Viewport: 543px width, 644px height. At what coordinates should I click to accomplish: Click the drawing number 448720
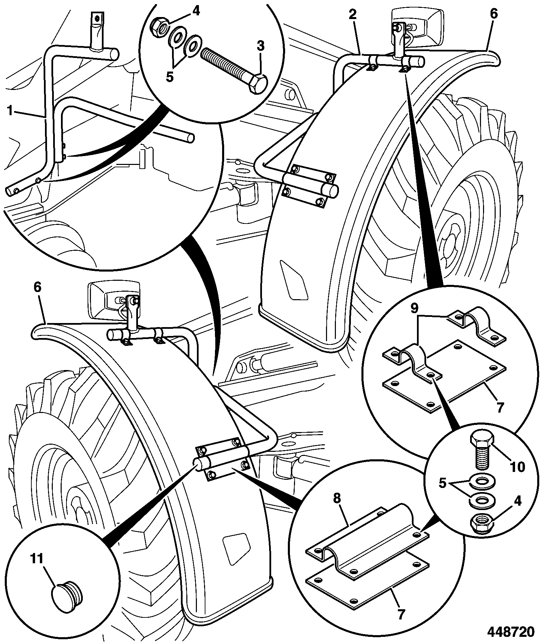point(511,631)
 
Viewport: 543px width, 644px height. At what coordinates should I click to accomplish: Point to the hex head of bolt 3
point(258,83)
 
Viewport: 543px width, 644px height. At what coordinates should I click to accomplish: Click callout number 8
point(337,498)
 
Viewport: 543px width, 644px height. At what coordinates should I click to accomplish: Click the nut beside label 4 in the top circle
point(158,27)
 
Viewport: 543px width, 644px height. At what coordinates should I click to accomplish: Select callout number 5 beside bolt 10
point(442,484)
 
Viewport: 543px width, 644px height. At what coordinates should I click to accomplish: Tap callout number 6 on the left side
point(37,287)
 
